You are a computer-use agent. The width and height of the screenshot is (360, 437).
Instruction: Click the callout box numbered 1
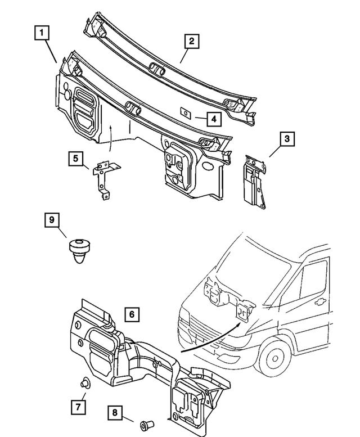pyautogui.click(x=40, y=33)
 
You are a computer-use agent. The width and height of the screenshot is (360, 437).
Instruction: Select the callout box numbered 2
pyautogui.click(x=191, y=40)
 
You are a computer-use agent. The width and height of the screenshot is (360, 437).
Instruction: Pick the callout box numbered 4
pyautogui.click(x=213, y=119)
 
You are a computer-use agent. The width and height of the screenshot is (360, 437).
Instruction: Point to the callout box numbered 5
pyautogui.click(x=77, y=159)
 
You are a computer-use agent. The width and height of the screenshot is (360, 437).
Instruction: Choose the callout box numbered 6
pyautogui.click(x=130, y=314)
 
